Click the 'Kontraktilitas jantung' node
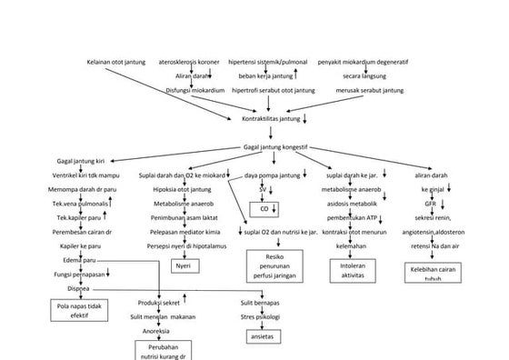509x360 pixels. [x=270, y=117]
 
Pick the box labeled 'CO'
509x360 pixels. [x=264, y=208]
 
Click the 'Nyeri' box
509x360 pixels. [x=183, y=265]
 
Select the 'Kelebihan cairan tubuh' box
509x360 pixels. [x=433, y=274]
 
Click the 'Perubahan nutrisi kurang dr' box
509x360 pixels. [x=165, y=350]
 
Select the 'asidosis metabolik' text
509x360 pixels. [x=349, y=204]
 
